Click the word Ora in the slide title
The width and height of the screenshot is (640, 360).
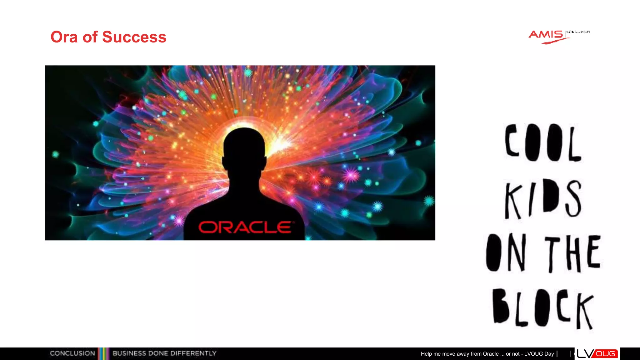click(x=64, y=37)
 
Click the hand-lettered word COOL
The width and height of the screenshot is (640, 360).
click(x=543, y=142)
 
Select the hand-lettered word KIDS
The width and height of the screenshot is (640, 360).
click(x=543, y=199)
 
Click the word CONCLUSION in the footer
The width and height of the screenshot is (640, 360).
click(x=72, y=353)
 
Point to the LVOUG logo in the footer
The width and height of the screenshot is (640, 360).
click(x=597, y=353)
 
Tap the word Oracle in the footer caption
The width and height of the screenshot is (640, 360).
click(x=491, y=354)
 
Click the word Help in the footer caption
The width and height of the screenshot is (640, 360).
click(x=426, y=354)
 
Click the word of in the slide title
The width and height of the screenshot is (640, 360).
click(x=90, y=37)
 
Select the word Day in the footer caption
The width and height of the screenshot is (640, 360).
click(x=549, y=354)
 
